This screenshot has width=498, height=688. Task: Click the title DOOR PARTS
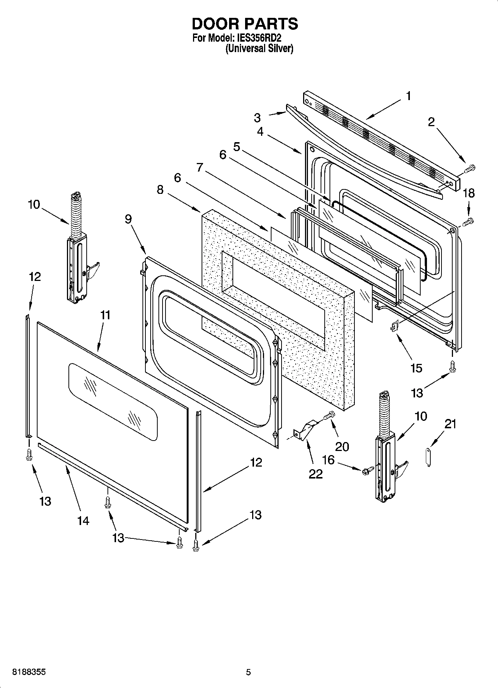245,24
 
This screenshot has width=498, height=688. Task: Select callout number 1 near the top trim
408,96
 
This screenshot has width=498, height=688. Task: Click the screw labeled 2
470,169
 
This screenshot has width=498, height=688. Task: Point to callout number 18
469,193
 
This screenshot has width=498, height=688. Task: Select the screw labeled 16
366,471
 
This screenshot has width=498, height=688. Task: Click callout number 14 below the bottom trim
83,521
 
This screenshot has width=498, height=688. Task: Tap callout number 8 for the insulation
160,190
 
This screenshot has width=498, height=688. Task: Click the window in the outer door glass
113,402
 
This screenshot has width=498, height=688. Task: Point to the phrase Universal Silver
260,49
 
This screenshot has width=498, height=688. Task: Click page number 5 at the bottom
248,672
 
